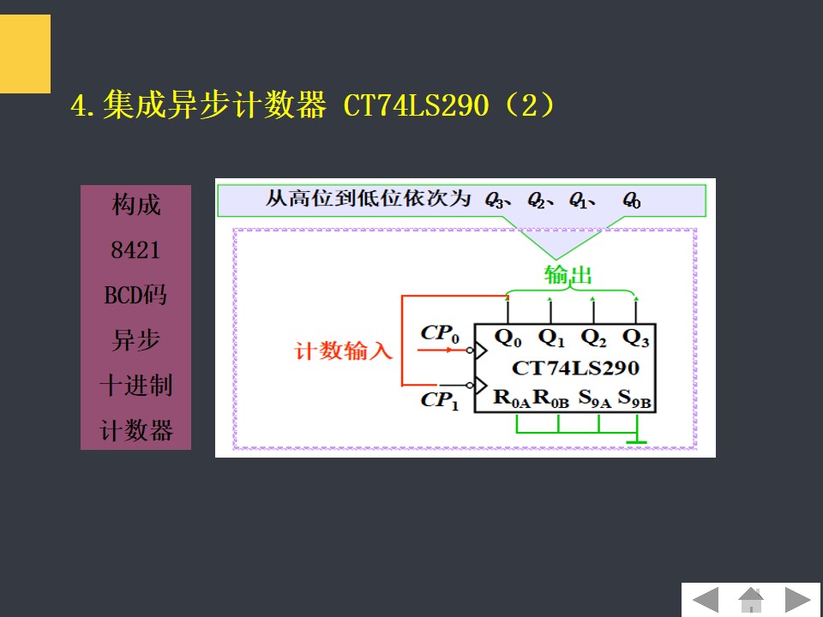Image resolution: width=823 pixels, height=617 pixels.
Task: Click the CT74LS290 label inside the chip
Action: point(575,368)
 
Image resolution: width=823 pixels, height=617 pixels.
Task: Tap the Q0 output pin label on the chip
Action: point(508,338)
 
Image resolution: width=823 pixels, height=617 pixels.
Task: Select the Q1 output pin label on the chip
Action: point(551,338)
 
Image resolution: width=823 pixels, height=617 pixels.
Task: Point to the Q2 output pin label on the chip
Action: point(593,338)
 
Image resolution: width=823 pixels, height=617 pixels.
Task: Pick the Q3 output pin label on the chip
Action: point(636,338)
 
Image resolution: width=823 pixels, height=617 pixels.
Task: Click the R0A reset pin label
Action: point(512,398)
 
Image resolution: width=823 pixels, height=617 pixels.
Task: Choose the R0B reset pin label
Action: point(551,398)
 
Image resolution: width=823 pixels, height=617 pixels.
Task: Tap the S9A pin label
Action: point(594,398)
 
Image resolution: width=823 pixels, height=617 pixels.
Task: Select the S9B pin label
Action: point(635,398)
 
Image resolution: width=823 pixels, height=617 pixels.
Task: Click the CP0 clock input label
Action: point(441,333)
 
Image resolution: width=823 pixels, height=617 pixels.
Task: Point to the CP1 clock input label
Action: point(440,400)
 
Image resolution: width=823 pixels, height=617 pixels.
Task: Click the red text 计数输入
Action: point(344,351)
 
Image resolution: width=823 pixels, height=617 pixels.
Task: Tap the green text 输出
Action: point(568,275)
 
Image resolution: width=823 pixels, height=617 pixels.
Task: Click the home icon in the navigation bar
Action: point(751,599)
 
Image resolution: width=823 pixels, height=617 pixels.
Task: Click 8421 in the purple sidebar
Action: point(135,251)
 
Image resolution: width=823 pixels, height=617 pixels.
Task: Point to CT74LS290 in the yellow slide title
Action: point(416,107)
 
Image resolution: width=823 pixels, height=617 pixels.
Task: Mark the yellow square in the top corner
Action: point(25,53)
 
